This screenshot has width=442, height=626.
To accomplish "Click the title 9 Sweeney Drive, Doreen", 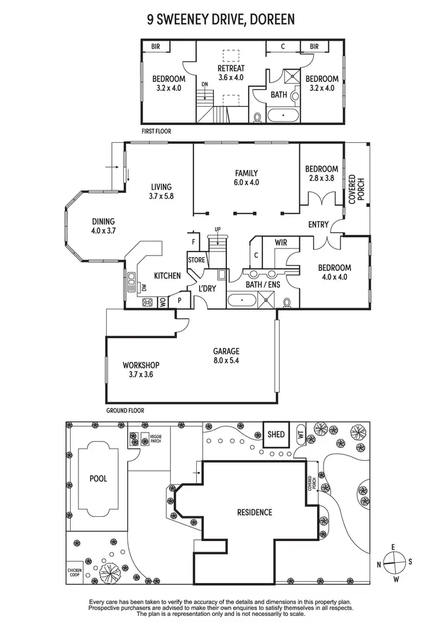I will click(x=221, y=20).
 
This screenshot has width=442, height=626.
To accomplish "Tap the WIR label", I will click(x=281, y=242).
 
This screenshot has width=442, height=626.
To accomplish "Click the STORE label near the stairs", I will click(x=196, y=260).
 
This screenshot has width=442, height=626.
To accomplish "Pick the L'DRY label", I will click(x=206, y=288).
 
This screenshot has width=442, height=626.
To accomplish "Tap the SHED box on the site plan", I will click(x=276, y=434).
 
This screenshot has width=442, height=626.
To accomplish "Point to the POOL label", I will click(x=98, y=478).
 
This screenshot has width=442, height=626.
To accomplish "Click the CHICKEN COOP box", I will click(x=74, y=571).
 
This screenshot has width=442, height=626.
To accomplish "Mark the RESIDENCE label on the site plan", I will click(x=255, y=512).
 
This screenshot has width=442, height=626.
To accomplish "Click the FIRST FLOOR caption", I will click(x=156, y=131).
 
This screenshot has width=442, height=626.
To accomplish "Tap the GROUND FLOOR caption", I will click(x=125, y=410).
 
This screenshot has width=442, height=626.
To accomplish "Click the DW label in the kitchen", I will click(x=143, y=288).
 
